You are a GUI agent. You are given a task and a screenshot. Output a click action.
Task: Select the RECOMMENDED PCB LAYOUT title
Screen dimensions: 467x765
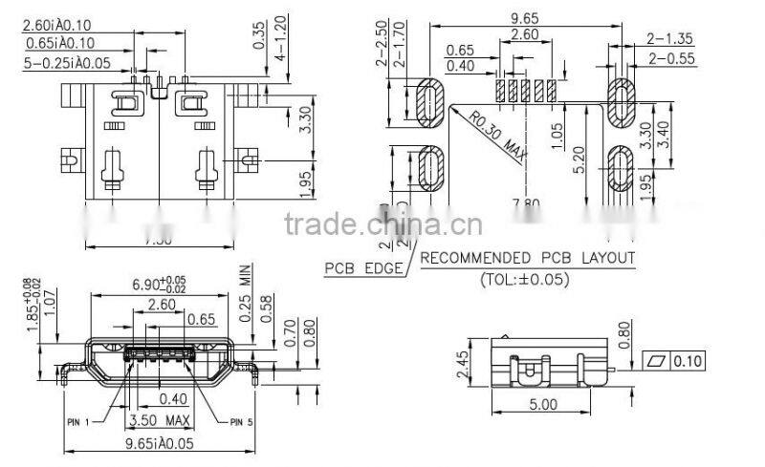(x=528, y=258)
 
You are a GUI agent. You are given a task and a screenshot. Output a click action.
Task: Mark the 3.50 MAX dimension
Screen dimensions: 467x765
(x=161, y=419)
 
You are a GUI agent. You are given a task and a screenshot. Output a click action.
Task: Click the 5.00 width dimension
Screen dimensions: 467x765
(x=541, y=404)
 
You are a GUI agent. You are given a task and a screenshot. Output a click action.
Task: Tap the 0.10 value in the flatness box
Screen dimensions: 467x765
(x=687, y=360)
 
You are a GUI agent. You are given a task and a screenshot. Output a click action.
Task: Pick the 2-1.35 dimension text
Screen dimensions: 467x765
(x=670, y=39)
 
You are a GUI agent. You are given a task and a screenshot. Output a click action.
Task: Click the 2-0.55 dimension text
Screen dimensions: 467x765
(x=670, y=58)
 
